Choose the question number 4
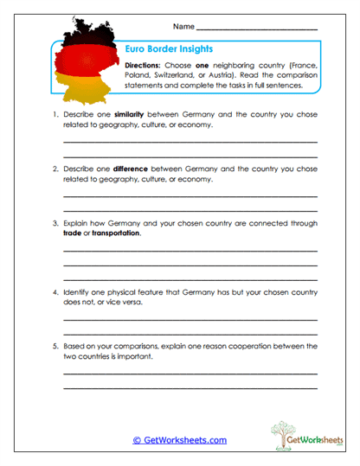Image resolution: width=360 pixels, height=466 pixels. coord(53,294)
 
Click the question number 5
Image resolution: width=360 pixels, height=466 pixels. coord(53,347)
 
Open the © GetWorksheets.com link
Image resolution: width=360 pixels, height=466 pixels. coord(180,439)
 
